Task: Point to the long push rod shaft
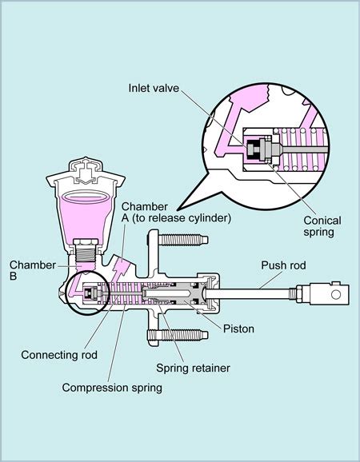point(256,294)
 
